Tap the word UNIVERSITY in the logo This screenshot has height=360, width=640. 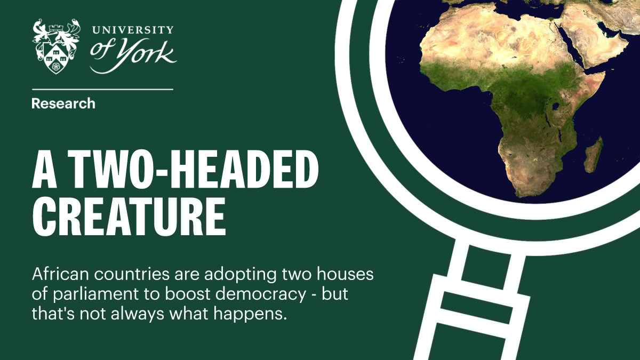132,30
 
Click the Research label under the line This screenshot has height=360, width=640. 63,103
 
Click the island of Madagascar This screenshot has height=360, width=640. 593,154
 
